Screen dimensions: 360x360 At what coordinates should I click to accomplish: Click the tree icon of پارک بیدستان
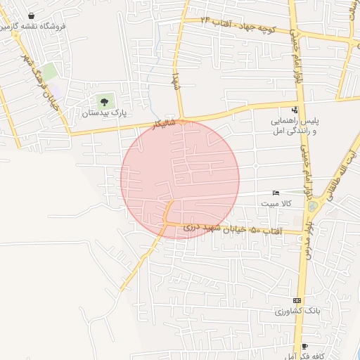(105, 102)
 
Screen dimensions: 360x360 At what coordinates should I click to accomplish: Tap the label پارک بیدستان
(105, 112)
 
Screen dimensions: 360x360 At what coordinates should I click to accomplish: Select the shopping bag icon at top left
(31, 15)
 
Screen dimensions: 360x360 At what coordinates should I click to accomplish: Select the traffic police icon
(294, 110)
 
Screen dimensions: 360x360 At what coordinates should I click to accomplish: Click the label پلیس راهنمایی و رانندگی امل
(295, 126)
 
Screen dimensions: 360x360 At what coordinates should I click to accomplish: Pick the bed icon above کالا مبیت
(276, 193)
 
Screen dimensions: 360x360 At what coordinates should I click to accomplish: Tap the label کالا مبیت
(276, 203)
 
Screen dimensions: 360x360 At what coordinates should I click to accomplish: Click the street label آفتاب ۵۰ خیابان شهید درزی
(232, 229)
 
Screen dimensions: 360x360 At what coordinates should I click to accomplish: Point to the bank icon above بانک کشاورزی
(297, 300)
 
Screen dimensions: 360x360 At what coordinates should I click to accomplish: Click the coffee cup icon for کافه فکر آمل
(304, 346)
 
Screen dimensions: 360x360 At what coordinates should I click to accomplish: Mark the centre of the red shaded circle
(180, 179)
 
